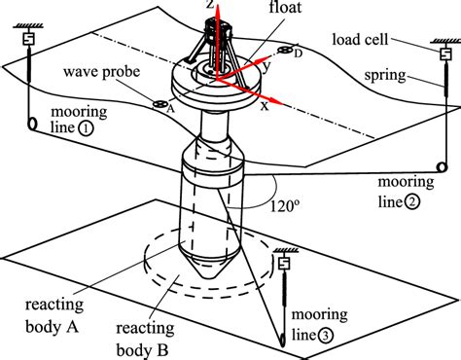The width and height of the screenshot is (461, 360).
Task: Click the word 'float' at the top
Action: [285, 7]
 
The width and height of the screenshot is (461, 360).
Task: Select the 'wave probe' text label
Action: [101, 72]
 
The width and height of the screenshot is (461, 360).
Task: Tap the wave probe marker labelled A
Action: [160, 104]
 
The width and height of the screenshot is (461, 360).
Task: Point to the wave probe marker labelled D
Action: [285, 51]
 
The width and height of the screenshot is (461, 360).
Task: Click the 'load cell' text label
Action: [360, 40]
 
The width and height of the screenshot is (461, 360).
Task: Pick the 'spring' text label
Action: [385, 75]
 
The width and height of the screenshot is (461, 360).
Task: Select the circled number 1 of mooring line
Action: [86, 128]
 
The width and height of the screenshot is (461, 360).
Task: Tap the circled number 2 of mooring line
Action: [412, 202]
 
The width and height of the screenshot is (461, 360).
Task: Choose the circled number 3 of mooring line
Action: [325, 336]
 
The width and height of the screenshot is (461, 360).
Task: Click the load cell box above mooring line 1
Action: [28, 39]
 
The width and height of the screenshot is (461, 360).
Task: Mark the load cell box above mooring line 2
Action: [445, 54]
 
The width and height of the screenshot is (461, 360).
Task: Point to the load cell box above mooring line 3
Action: [284, 263]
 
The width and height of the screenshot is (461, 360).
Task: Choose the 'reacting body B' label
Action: [145, 340]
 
